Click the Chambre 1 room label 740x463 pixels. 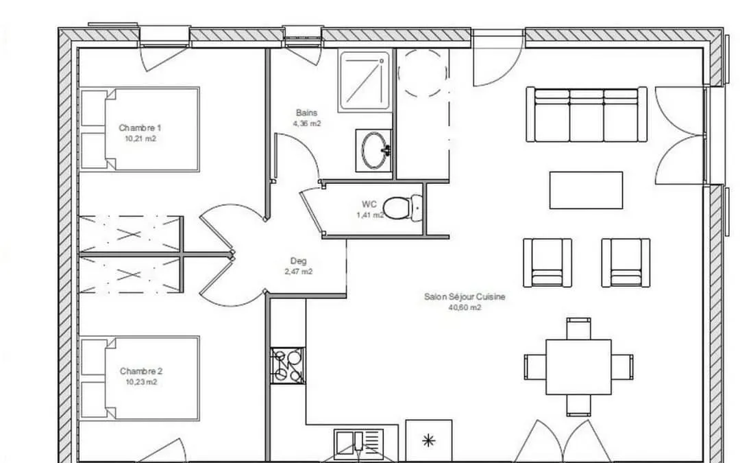[140, 128]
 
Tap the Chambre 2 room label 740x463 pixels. [141, 371]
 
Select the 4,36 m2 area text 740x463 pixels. [307, 123]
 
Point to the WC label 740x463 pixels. [369, 204]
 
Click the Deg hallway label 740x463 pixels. [298, 261]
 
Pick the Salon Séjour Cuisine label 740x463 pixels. [465, 297]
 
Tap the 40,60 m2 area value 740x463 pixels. [465, 307]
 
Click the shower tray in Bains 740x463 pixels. [365, 81]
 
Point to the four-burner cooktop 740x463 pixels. [288, 366]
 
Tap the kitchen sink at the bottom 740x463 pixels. [359, 446]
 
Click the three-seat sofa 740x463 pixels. [586, 115]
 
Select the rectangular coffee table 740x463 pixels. [586, 190]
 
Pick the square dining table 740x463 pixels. [578, 366]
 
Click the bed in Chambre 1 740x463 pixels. [140, 129]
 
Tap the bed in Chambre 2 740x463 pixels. [140, 377]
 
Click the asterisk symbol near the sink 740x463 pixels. [428, 441]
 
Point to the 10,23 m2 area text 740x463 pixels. [141, 382]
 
